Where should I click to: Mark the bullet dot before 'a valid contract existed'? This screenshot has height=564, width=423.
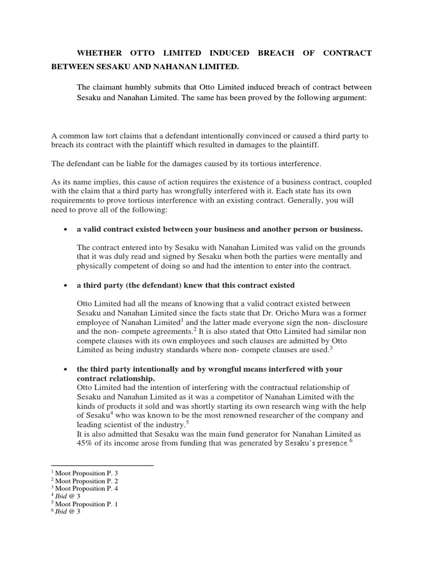[x=66, y=229]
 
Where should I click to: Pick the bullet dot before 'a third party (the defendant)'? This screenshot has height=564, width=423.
[x=66, y=285]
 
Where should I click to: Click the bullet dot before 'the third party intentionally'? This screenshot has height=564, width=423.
[x=66, y=368]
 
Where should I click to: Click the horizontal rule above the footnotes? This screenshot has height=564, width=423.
[x=102, y=465]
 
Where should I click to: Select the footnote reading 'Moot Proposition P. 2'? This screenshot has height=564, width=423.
[x=83, y=480]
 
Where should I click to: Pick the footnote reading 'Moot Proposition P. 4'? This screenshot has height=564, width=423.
[x=83, y=488]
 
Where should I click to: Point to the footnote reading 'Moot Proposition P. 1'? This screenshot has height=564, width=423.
[x=83, y=503]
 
